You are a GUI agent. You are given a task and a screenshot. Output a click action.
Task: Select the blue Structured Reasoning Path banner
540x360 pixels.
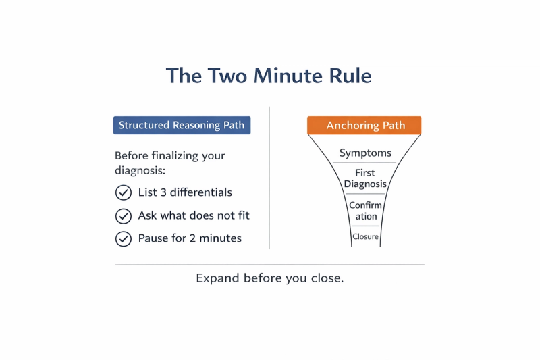coord(182,125)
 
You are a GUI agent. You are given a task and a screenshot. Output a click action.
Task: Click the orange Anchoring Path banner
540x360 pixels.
coord(364,126)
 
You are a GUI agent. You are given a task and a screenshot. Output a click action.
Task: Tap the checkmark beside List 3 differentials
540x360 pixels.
coord(123,193)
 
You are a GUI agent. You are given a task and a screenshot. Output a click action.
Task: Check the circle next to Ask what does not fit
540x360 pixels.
coord(123,216)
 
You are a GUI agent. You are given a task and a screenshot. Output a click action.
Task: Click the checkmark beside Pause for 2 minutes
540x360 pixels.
coord(123,238)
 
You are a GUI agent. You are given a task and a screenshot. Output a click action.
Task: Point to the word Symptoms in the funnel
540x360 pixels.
coord(365,153)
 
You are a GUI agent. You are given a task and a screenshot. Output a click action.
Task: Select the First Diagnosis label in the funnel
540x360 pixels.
coord(365,179)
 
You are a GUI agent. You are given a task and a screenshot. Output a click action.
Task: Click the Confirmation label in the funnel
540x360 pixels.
coord(366,211)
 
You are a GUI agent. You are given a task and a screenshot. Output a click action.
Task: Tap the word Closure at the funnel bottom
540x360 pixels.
coord(366,237)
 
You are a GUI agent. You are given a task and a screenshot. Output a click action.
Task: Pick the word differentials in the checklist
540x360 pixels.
coord(200,192)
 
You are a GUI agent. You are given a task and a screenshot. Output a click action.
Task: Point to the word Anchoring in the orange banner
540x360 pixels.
coord(350,126)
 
